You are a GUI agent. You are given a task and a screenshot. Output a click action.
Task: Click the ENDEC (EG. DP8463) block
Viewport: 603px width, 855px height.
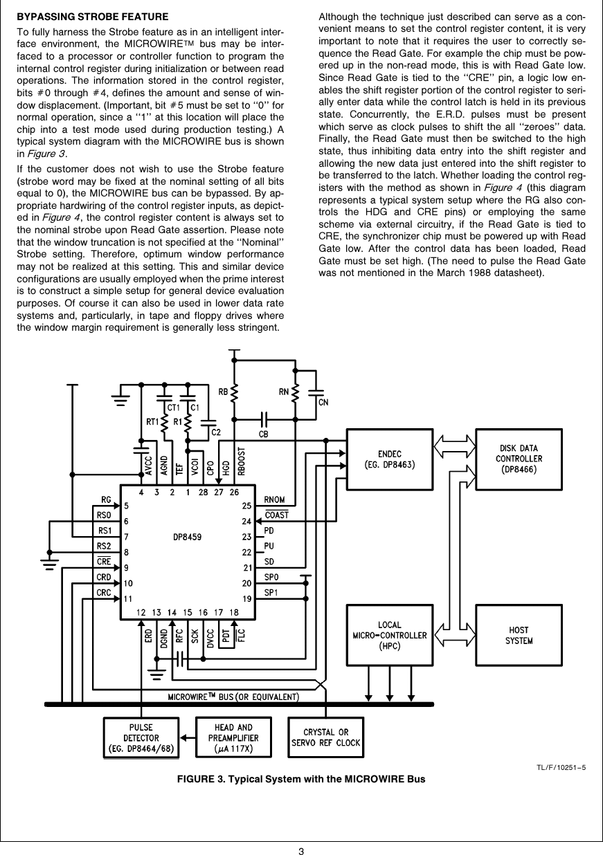390,458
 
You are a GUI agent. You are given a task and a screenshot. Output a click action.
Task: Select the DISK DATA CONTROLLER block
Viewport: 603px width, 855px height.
519,458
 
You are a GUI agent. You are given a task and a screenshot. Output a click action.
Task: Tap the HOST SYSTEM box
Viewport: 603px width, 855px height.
519,636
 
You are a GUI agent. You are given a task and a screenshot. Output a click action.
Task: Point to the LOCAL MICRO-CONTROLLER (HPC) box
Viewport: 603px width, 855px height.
390,636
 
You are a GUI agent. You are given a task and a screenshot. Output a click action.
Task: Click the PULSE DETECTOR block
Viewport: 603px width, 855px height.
141,738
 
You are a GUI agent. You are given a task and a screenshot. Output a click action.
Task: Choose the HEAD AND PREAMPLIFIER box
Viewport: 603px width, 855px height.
233,738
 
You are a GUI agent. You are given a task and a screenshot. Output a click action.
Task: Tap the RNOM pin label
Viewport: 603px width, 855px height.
275,500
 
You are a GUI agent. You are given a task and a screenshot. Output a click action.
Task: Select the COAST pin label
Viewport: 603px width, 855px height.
277,515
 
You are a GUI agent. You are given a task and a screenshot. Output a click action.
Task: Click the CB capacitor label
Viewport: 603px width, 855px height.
264,434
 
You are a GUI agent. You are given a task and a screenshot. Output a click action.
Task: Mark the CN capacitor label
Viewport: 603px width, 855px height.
323,402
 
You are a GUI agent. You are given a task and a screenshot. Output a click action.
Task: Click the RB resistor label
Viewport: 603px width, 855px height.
224,392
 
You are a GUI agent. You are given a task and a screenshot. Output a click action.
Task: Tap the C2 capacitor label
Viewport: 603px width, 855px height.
216,432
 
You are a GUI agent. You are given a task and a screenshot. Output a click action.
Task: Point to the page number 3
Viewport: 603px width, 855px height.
301,850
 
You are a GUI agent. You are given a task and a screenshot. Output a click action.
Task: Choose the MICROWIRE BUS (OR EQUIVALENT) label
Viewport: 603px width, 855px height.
233,695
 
